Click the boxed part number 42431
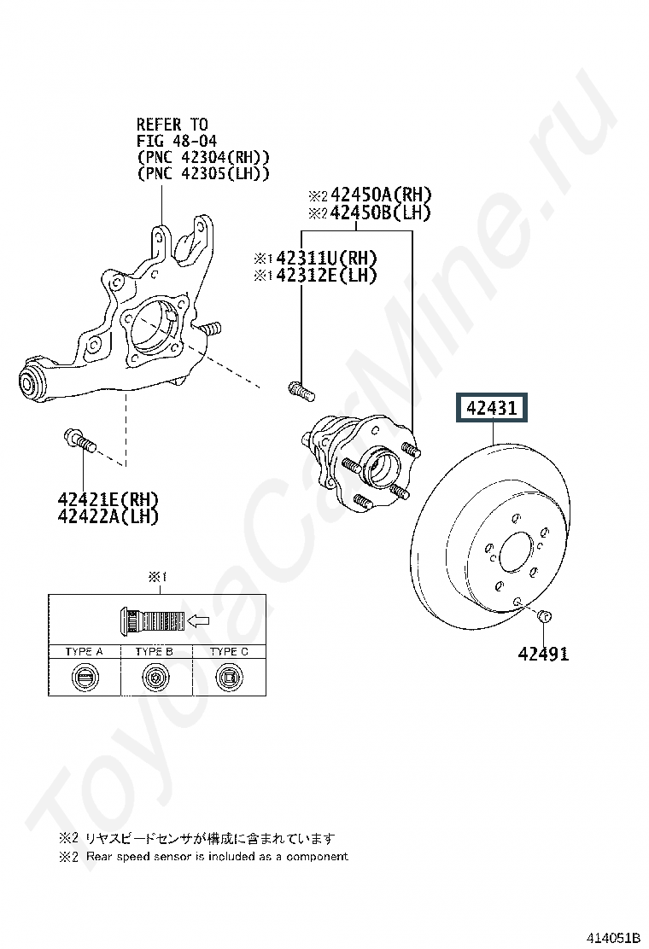tap(492, 408)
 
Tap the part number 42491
tap(543, 655)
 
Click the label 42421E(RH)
tap(108, 499)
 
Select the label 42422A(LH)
tap(108, 516)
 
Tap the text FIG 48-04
tap(177, 141)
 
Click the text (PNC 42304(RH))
tap(203, 157)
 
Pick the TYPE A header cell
tap(85, 652)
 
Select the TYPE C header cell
tap(229, 652)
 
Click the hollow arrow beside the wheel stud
tap(199, 620)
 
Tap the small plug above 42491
tap(544, 616)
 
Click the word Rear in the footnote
tap(99, 856)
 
